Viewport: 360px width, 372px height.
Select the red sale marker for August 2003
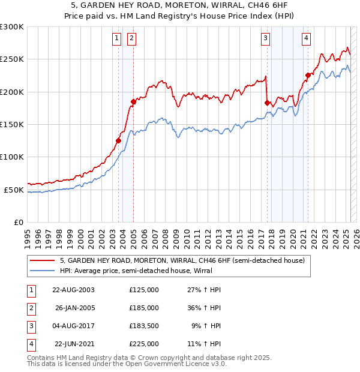[x=119, y=140]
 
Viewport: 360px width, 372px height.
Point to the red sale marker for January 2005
[x=133, y=102]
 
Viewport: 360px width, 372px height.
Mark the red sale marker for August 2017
[x=267, y=103]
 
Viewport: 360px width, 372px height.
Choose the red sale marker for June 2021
[x=308, y=76]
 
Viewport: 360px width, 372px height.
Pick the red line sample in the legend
[x=43, y=260]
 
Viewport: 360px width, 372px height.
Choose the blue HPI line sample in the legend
[x=43, y=270]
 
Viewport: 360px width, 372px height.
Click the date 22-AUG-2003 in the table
[x=73, y=290]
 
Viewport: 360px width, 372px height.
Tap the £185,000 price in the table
[x=144, y=308]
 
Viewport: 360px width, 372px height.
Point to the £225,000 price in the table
[x=144, y=344]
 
